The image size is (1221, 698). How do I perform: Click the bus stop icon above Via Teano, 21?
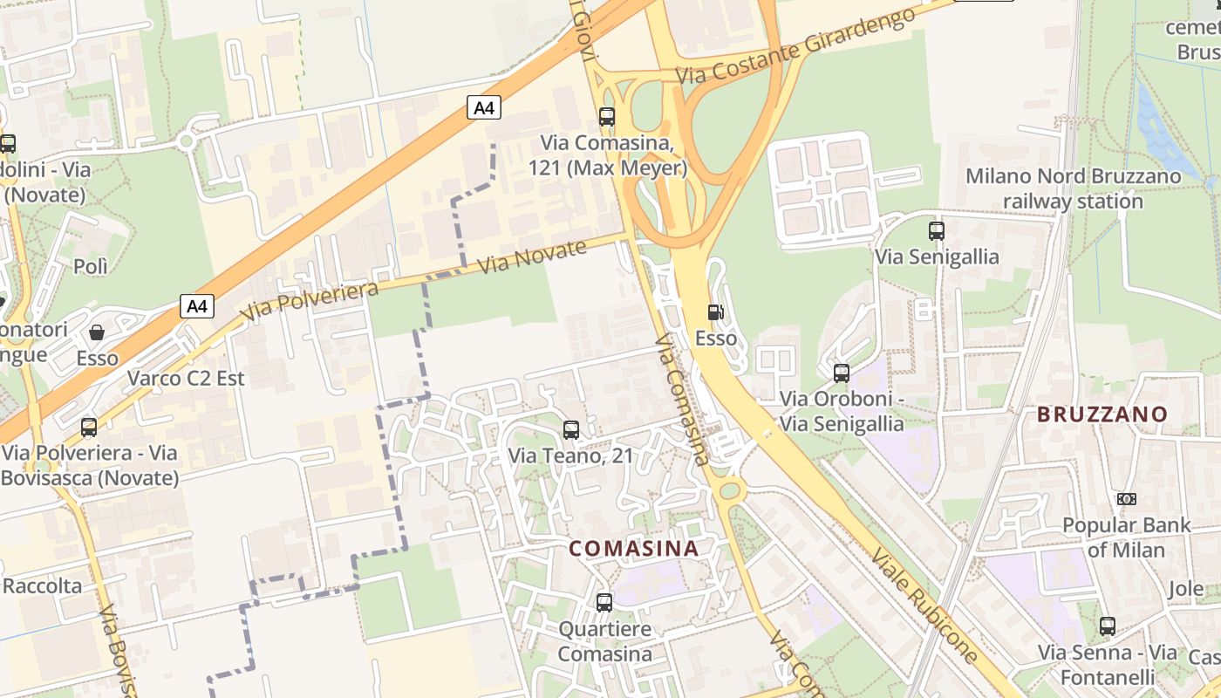(x=571, y=429)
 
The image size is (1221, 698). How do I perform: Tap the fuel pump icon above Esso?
(x=715, y=311)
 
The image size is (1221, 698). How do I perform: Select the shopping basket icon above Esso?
(x=97, y=332)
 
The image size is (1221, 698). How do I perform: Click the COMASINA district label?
(x=634, y=549)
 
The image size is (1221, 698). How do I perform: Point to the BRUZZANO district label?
(x=1102, y=414)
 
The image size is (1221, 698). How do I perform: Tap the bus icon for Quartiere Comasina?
(x=604, y=602)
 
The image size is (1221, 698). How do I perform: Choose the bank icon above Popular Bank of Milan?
(x=1126, y=499)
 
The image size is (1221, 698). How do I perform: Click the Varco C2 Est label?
(x=186, y=379)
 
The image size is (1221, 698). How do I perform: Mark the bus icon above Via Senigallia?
(x=937, y=231)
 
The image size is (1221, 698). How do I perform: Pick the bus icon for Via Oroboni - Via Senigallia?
(x=842, y=373)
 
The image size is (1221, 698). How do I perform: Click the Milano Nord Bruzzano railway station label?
(x=1073, y=188)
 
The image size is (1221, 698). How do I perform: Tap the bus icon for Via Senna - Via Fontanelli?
(x=1107, y=626)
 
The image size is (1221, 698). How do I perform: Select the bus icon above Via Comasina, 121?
(x=607, y=116)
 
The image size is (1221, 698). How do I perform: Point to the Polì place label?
(x=91, y=266)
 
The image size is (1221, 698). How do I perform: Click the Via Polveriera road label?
(x=310, y=302)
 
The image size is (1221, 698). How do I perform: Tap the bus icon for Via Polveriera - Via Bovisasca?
(x=89, y=427)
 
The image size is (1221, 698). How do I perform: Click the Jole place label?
(x=1186, y=588)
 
